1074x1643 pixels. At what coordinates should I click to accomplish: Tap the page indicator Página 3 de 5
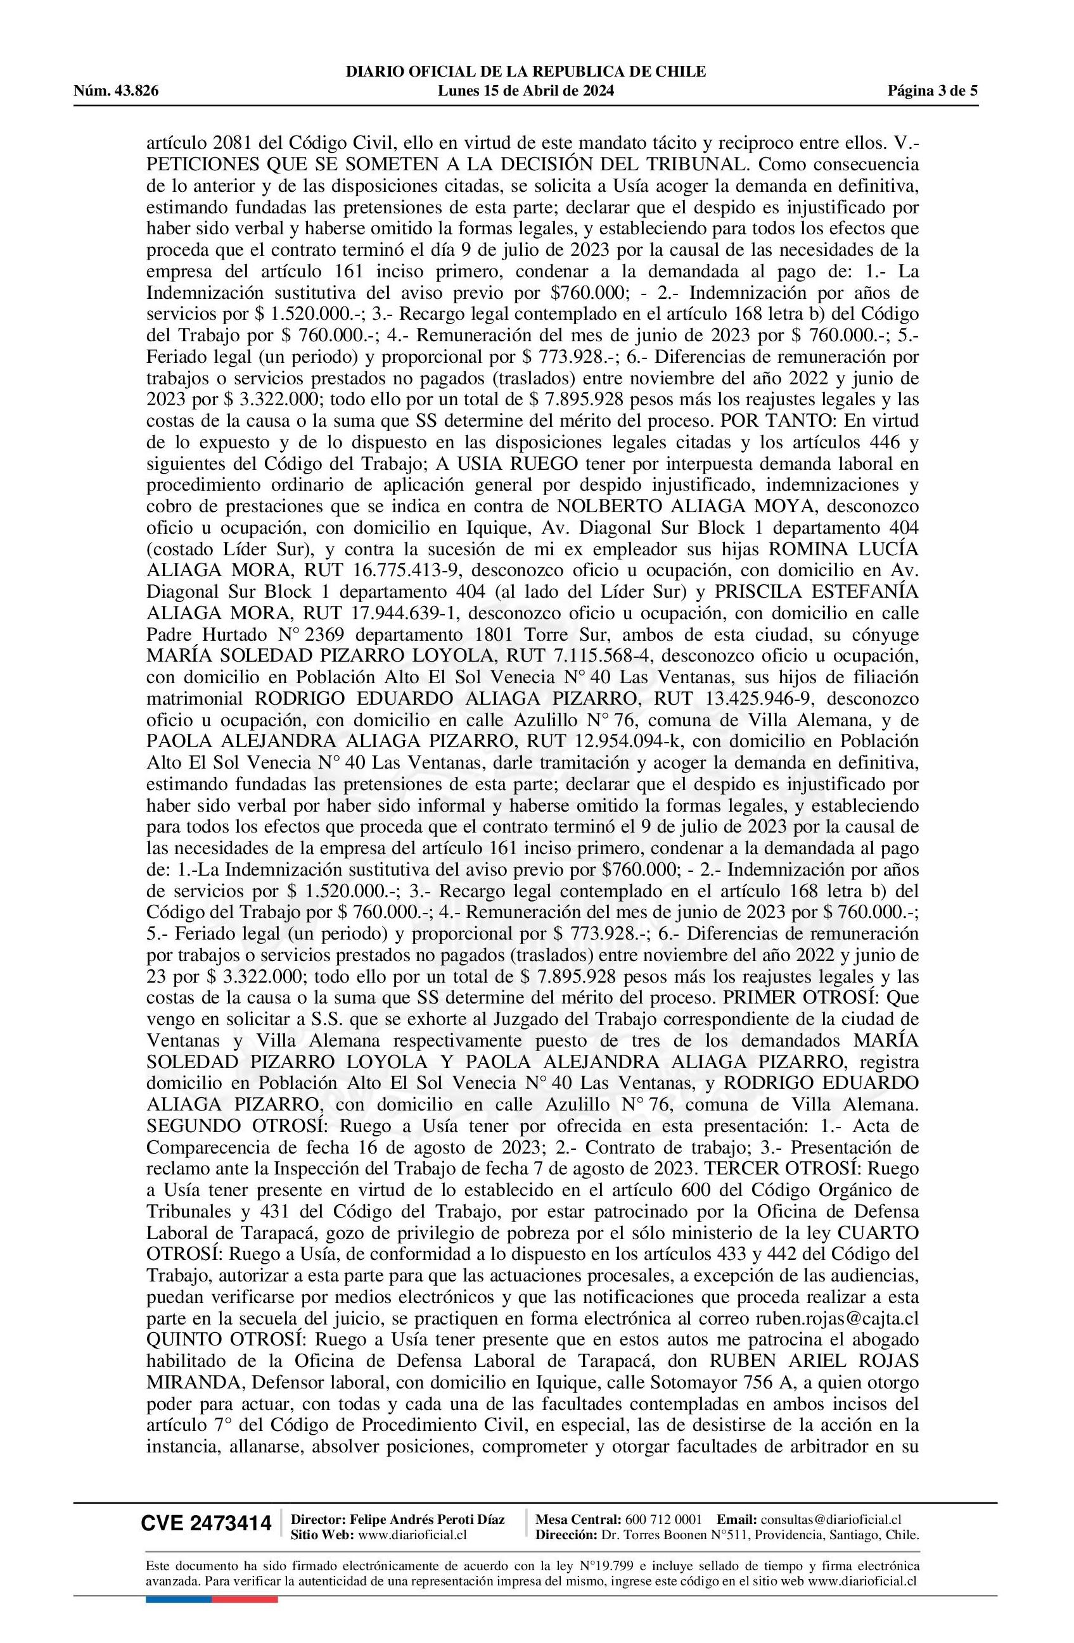pyautogui.click(x=933, y=91)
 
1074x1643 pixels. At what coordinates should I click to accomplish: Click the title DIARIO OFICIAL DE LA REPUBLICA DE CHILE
pyautogui.click(x=526, y=72)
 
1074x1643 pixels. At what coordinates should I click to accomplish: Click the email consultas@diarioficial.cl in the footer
pyautogui.click(x=831, y=1519)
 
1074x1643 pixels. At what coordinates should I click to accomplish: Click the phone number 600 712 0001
pyautogui.click(x=663, y=1519)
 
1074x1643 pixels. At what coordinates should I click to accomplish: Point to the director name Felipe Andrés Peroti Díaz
pyautogui.click(x=427, y=1519)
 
